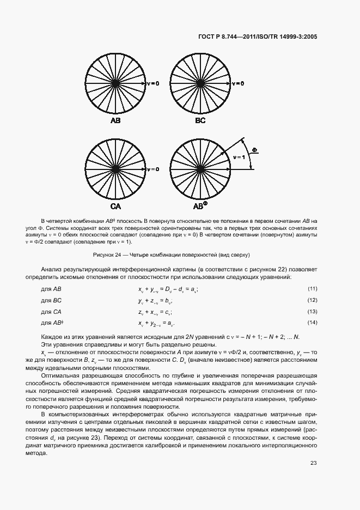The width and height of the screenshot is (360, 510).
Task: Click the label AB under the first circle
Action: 115,120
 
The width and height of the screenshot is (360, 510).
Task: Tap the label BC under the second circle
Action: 200,120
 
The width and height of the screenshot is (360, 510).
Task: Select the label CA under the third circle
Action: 115,207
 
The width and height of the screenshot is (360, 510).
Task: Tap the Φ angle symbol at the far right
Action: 255,149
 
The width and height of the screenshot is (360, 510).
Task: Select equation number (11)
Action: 312,288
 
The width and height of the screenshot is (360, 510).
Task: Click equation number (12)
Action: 312,300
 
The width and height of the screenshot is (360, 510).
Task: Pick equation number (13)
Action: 312,312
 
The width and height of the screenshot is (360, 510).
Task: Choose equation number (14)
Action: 312,324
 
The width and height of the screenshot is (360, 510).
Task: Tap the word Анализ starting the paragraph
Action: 52,269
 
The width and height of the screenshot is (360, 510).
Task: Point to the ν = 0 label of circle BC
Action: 237,84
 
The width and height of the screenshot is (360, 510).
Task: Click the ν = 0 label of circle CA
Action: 153,169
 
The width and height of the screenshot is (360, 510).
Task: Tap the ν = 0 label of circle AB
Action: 153,84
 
